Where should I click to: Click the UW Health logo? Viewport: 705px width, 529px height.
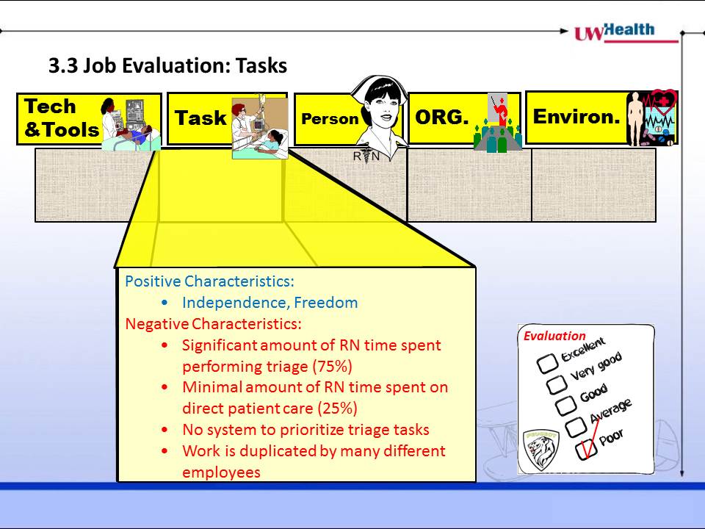tap(626, 32)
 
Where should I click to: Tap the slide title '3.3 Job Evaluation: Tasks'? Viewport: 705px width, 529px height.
tap(167, 65)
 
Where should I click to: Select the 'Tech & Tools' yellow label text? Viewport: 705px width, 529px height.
tap(62, 118)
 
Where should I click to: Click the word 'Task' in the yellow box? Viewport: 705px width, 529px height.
tap(200, 118)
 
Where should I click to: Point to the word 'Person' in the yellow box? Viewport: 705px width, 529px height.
tap(330, 119)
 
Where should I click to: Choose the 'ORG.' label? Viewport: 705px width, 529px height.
tap(441, 118)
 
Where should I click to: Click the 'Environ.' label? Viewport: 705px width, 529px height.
tap(576, 117)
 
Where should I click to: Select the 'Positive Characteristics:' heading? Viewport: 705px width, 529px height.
tap(209, 281)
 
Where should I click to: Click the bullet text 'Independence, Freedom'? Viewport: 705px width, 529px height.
tap(270, 303)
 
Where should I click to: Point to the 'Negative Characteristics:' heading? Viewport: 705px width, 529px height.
tap(213, 324)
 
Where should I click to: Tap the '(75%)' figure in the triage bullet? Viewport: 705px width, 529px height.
tap(332, 367)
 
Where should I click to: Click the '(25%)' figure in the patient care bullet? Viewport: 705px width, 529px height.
tap(338, 409)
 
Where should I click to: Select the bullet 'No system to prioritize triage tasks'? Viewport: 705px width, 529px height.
tap(305, 430)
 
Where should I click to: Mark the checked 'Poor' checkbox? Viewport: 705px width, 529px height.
tap(587, 448)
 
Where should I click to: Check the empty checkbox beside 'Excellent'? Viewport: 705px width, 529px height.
tap(548, 364)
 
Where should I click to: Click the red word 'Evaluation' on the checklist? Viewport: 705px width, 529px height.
tap(554, 336)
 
